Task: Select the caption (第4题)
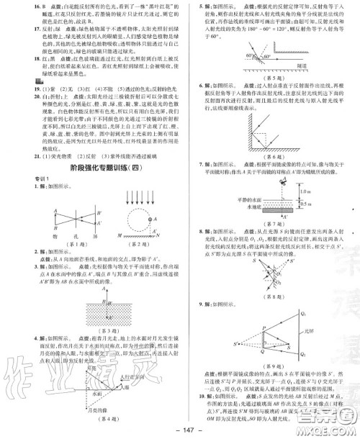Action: click(95, 419)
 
